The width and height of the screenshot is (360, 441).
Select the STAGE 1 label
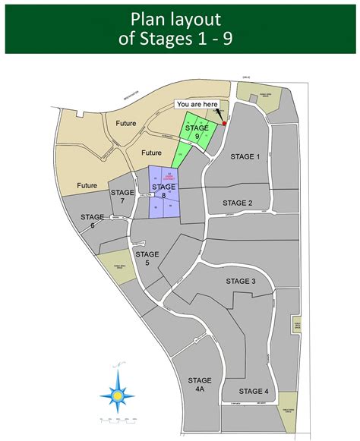(245, 156)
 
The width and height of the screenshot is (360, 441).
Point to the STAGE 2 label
(238, 203)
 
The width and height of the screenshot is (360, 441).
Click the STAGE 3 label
(241, 282)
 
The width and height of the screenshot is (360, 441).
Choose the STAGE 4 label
(254, 391)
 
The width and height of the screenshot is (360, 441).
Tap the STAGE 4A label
(200, 384)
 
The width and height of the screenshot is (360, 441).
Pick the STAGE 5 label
(147, 258)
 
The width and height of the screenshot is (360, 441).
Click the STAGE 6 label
(92, 221)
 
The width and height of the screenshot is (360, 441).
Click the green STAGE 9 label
(197, 133)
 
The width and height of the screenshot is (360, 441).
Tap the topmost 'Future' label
(127, 123)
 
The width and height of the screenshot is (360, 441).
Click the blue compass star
(118, 395)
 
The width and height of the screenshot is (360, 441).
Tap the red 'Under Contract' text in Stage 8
(170, 176)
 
